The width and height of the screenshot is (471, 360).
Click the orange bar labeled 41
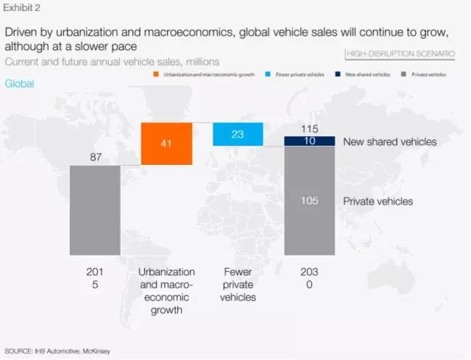click(166, 144)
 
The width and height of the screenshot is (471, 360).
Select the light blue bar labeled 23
click(238, 134)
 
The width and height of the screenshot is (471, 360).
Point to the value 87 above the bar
click(95, 157)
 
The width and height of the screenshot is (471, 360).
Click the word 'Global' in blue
click(19, 83)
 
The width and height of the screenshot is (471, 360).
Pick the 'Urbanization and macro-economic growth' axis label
click(166, 290)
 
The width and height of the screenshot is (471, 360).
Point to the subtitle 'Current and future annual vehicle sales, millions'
click(112, 61)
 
